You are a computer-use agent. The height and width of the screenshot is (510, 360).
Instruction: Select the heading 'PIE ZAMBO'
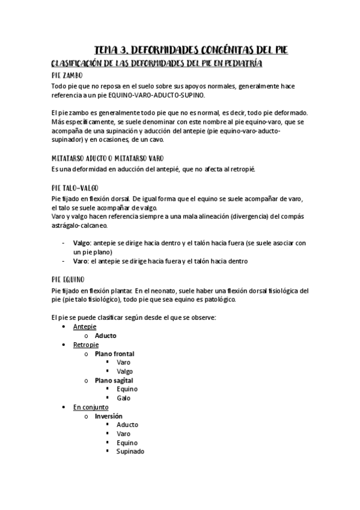tap(72, 76)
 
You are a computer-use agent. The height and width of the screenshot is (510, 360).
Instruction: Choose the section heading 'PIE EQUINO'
tap(68, 280)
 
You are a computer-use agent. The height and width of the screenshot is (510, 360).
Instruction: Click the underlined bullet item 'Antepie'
tap(84, 327)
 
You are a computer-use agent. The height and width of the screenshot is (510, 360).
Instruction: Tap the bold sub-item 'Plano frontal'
tap(114, 354)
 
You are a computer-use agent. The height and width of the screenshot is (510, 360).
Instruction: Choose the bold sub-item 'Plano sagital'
tap(114, 380)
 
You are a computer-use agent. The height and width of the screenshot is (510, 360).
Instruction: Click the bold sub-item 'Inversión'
tap(108, 416)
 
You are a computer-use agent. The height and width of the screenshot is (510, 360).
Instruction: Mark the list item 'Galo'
tap(123, 398)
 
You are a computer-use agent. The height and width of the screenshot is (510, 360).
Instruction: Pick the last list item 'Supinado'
tap(130, 451)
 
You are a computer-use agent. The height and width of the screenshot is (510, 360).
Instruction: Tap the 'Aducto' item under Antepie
tap(106, 336)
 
